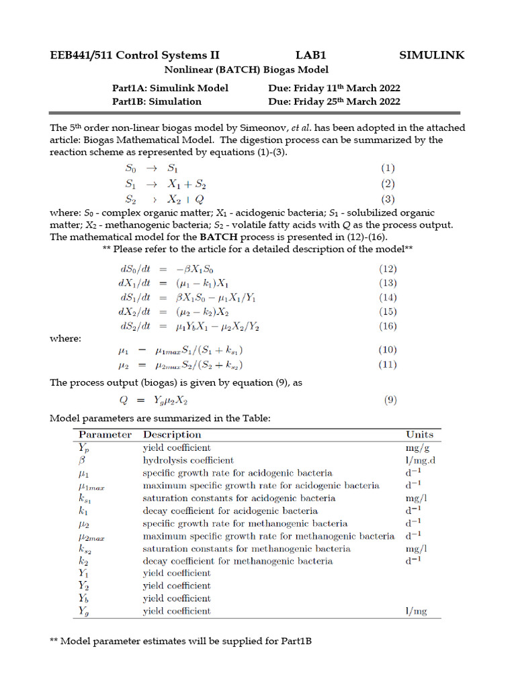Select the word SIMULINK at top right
click(x=431, y=56)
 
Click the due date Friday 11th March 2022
click(x=349, y=88)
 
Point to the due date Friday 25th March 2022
click(x=349, y=101)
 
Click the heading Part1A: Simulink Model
click(x=170, y=88)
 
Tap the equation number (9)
click(x=390, y=401)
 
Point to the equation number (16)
click(x=388, y=326)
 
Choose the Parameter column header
click(x=105, y=435)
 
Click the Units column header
click(x=420, y=435)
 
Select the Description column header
click(x=172, y=435)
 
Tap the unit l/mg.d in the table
click(x=421, y=460)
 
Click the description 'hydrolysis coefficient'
click(x=188, y=460)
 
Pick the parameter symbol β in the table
click(x=81, y=461)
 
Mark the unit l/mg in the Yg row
click(x=416, y=611)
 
